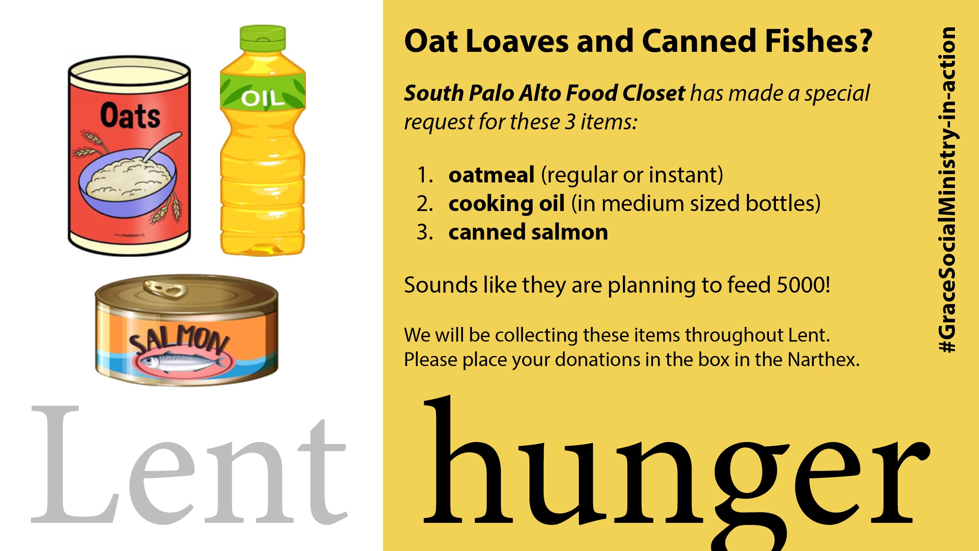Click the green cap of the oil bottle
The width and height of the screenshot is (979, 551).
coord(263,38)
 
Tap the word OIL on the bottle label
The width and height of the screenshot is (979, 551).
coord(263,98)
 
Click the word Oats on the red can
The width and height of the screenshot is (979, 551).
coord(130,116)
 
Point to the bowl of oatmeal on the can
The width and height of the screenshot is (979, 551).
coord(128,180)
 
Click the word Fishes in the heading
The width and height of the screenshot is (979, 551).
coord(818,41)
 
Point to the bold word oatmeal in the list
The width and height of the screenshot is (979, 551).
coord(492,175)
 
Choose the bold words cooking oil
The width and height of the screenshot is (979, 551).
coord(507,204)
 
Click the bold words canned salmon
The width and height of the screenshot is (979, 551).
coord(528,233)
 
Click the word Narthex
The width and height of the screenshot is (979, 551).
coord(824,360)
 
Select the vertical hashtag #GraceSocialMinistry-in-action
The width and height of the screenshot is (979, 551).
coord(947,190)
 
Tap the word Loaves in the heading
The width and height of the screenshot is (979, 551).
coord(517,41)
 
